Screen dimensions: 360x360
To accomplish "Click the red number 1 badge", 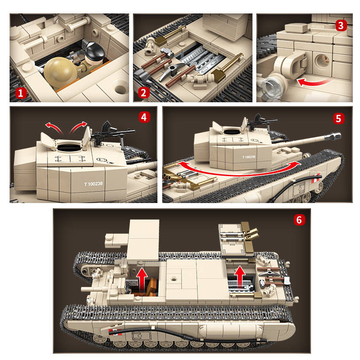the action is click(x=21, y=94).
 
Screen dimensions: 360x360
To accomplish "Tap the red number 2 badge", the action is click(x=144, y=93).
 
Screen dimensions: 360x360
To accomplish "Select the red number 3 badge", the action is click(x=341, y=26).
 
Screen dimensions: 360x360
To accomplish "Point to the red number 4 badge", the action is click(x=144, y=117).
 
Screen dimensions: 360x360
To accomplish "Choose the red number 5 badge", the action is click(x=339, y=119).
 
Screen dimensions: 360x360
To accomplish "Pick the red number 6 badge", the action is click(x=299, y=220).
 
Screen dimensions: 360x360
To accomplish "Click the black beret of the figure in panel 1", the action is click(x=96, y=50).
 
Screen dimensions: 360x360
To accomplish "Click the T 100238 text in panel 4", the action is click(x=94, y=184).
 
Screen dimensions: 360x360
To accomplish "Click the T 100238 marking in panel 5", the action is click(x=249, y=157).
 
